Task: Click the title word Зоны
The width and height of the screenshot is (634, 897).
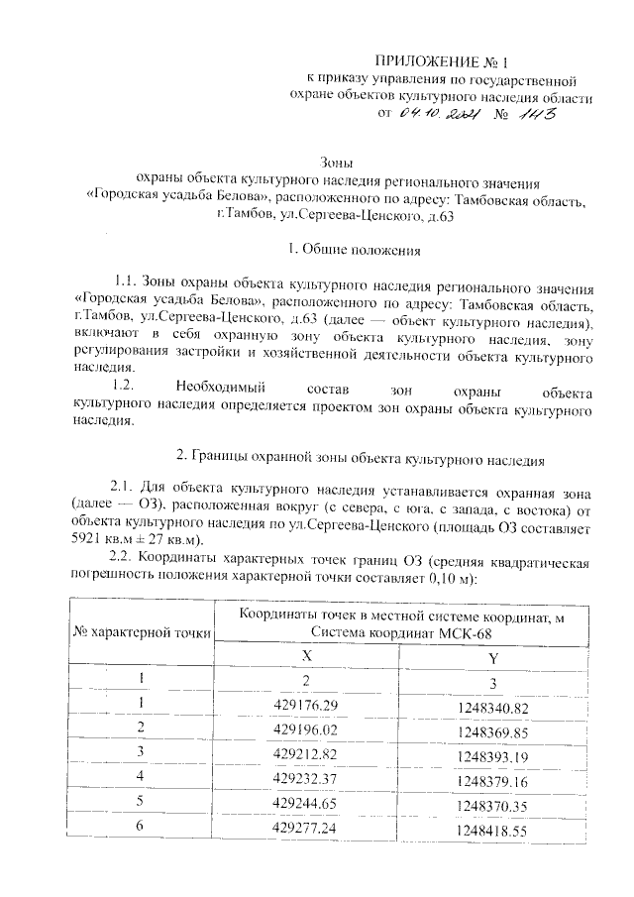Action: click(x=341, y=163)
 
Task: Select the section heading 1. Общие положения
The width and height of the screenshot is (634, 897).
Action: click(x=341, y=248)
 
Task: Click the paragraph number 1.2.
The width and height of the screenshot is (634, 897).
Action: click(x=129, y=383)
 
